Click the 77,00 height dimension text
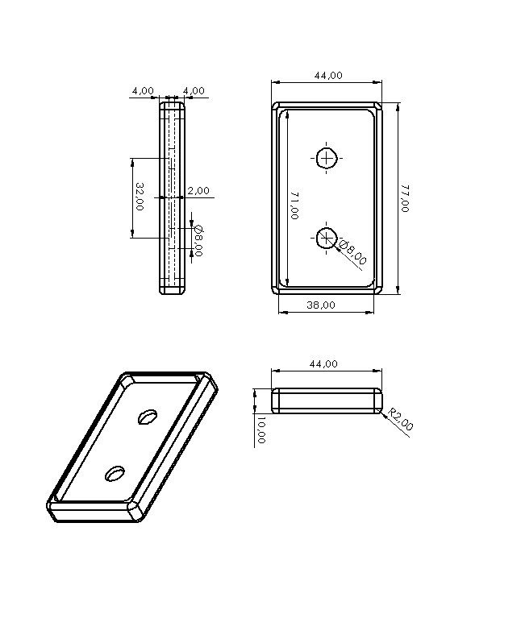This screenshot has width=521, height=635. tap(404, 198)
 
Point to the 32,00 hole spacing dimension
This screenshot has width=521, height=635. tap(140, 196)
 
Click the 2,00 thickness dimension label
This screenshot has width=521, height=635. tap(198, 191)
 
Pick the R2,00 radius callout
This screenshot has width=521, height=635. tap(400, 421)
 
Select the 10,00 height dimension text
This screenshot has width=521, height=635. tap(261, 430)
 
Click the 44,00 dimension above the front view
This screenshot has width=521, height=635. tap(327, 75)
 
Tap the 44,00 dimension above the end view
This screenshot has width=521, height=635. tap(324, 364)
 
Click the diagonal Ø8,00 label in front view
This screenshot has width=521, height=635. tap(352, 251)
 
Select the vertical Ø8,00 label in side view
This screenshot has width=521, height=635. tap(198, 240)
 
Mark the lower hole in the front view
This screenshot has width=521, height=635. tap(327, 237)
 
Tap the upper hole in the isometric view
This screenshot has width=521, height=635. tap(148, 416)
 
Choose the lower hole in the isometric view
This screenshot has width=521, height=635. tap(115, 473)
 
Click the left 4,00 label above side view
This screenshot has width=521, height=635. tap(142, 90)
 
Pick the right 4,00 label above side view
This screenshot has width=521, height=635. tap(194, 90)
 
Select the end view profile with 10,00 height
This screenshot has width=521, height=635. tap(327, 401)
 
